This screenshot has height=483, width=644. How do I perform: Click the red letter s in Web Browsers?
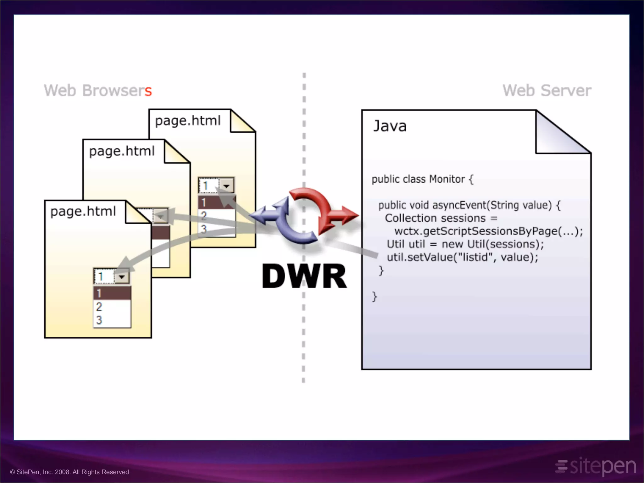click(x=148, y=92)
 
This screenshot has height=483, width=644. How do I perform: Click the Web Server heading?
click(x=547, y=91)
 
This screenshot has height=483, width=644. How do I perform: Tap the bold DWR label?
click(x=304, y=276)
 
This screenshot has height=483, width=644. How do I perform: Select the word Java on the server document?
click(x=390, y=126)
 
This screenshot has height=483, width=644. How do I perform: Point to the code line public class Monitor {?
click(x=422, y=179)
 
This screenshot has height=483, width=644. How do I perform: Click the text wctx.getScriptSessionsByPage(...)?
click(x=488, y=231)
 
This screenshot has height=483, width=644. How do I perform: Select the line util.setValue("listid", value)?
click(x=462, y=257)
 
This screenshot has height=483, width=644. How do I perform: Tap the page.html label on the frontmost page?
click(x=83, y=211)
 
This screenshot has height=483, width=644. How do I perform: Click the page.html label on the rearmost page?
click(x=188, y=121)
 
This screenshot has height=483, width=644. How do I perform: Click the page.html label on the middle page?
click(x=122, y=151)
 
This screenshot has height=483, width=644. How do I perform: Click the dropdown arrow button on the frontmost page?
click(x=122, y=277)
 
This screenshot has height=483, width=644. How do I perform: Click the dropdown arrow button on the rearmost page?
click(x=226, y=186)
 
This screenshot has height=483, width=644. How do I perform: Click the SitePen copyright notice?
click(x=69, y=472)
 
